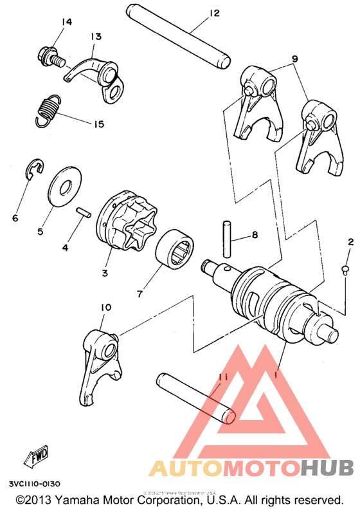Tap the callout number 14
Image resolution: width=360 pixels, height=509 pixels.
coord(67,23)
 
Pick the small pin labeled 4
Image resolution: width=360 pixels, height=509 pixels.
coord(82,212)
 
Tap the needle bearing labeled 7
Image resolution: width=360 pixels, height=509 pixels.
coord(176,247)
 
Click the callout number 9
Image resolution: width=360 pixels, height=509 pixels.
coord(295,59)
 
